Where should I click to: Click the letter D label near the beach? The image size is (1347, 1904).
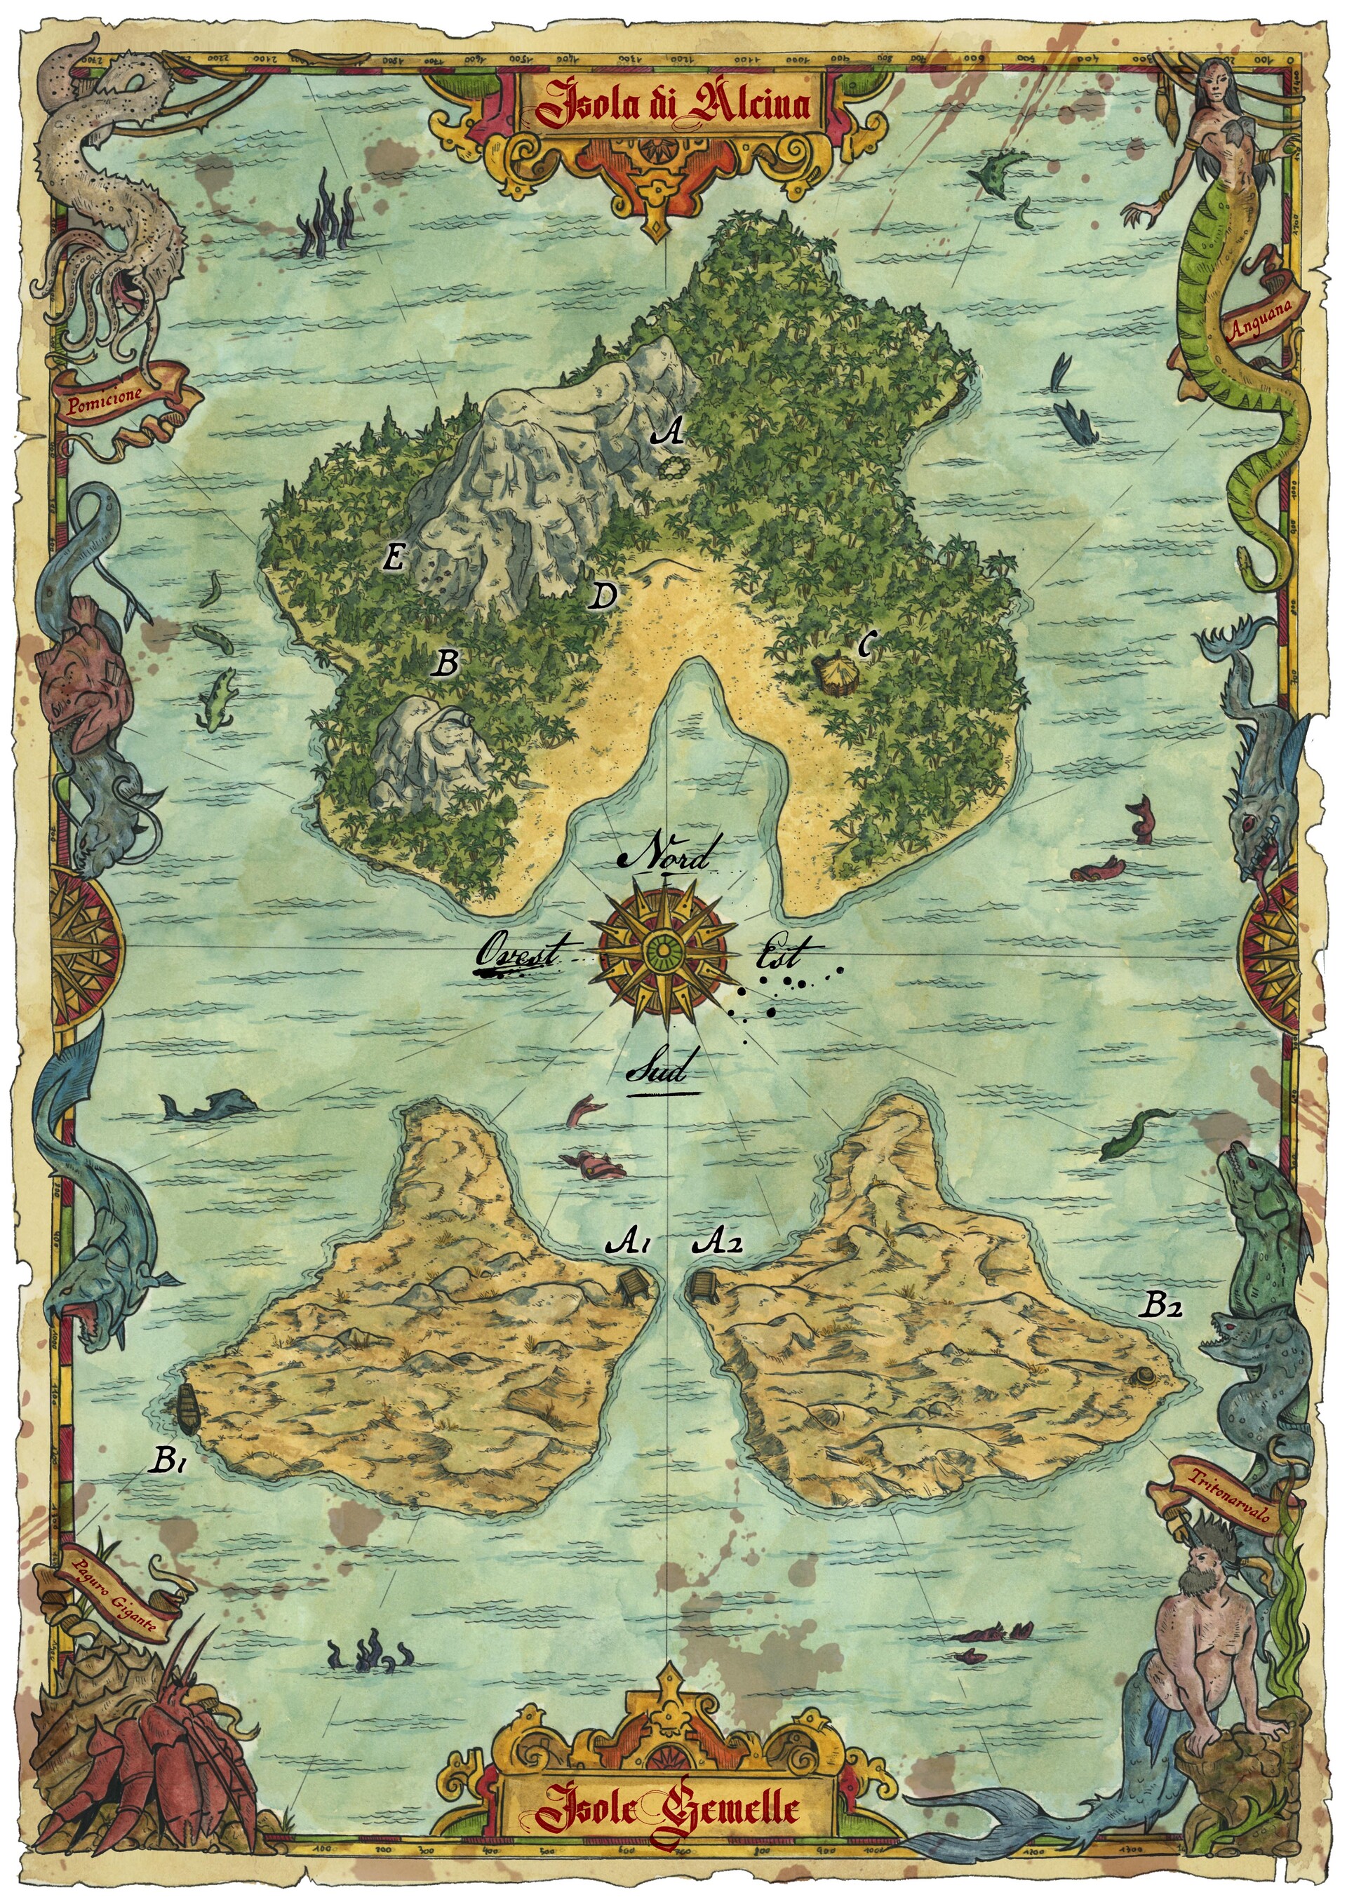click(604, 595)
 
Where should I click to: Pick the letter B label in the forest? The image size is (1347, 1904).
click(447, 661)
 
